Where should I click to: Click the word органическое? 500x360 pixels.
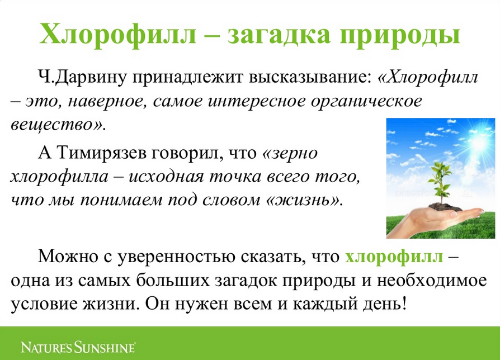click(x=366, y=102)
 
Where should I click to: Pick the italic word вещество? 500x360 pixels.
click(x=55, y=124)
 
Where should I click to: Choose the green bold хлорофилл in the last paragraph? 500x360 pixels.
click(x=394, y=256)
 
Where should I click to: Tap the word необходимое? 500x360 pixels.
click(x=432, y=281)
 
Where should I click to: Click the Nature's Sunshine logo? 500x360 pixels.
click(x=78, y=347)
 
